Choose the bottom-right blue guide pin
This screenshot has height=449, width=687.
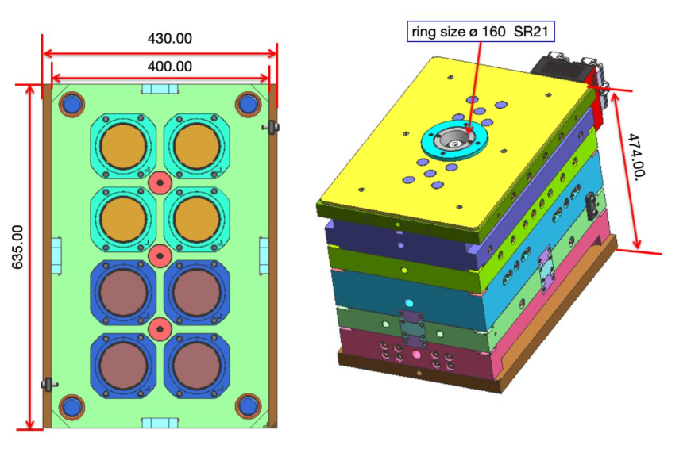[249, 405]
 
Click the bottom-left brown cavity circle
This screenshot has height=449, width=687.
[122, 364]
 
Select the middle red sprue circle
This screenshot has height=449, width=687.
[160, 255]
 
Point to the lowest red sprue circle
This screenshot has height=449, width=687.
[160, 328]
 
